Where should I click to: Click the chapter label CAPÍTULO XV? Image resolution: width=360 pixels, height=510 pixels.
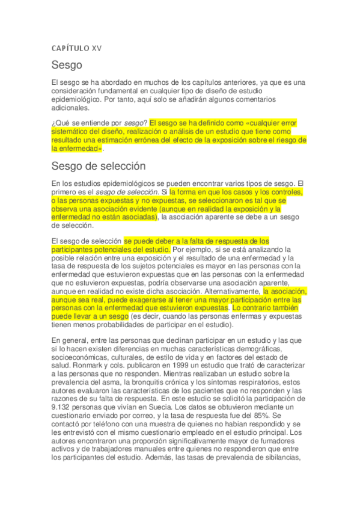click(x=76, y=48)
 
